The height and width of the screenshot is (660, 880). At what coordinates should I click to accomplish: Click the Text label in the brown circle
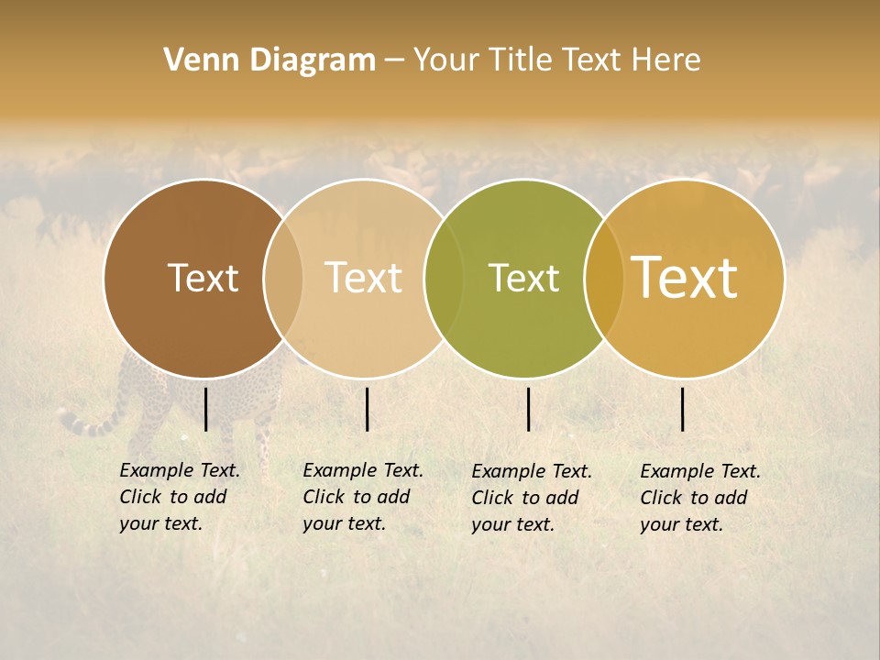tap(203, 278)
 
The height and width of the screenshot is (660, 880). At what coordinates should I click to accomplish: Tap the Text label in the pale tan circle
tap(363, 278)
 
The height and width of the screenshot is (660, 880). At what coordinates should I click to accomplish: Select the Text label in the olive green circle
tap(523, 278)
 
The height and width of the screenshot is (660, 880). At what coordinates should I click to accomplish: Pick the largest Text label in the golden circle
tap(685, 278)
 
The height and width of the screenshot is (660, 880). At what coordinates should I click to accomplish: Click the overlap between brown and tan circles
tap(283, 279)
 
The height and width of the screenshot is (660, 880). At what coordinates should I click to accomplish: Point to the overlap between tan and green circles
tap(444, 279)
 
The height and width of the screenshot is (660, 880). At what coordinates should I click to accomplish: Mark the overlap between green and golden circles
tap(604, 279)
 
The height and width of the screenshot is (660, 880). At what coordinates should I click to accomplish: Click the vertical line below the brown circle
tap(206, 409)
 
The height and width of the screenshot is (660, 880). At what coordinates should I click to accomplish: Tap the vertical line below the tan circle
tap(367, 409)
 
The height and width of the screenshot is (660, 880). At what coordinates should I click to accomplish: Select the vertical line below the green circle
tap(528, 409)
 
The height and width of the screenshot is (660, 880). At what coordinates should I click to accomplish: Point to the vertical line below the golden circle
tap(683, 409)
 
